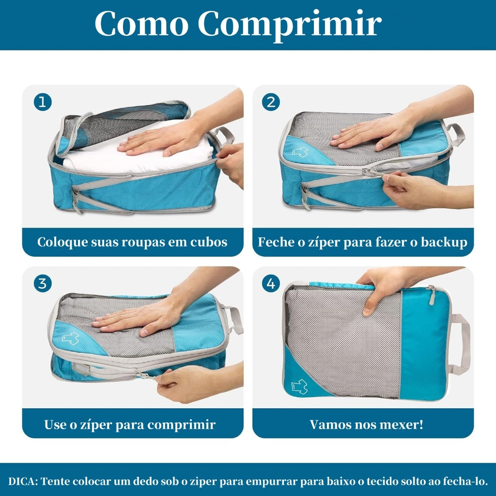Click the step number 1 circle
(x=43, y=102)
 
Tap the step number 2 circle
(x=271, y=102)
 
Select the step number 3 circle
(x=43, y=283)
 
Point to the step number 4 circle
(x=271, y=283)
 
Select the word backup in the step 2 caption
(x=444, y=242)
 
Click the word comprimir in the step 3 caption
(x=181, y=425)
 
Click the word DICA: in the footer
(x=23, y=481)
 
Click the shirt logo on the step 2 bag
(x=300, y=152)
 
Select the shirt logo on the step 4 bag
(x=300, y=387)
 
